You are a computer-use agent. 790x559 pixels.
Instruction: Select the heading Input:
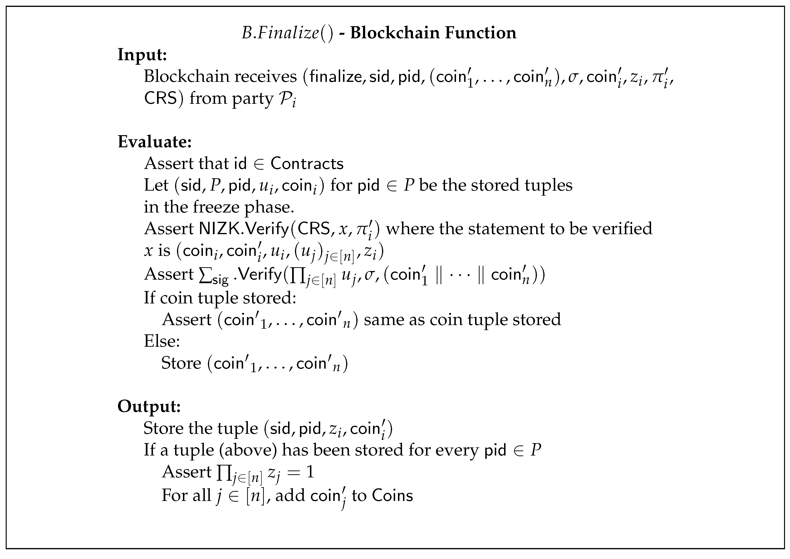[142, 55]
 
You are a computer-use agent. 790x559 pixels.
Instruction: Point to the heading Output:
[149, 406]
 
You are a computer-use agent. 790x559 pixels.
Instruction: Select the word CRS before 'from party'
[160, 99]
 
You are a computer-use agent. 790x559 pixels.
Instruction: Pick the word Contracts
[307, 164]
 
